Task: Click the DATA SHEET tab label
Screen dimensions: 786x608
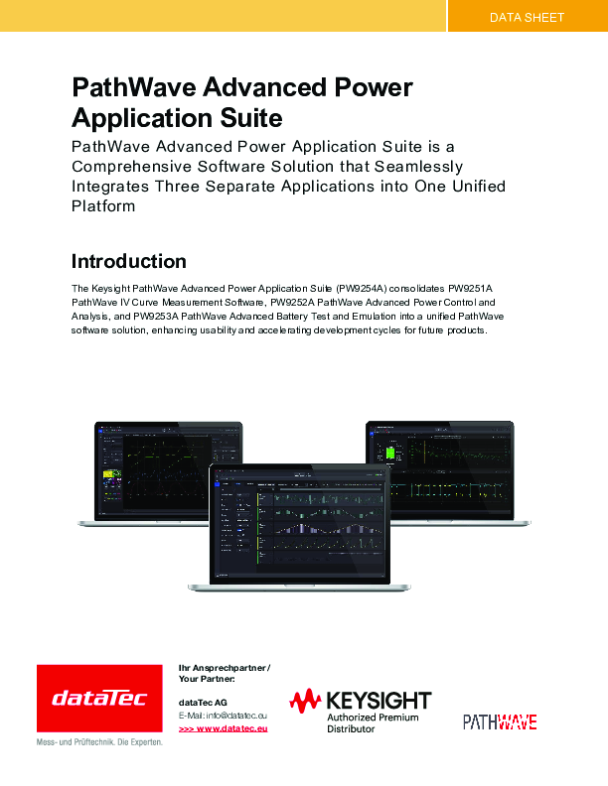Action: (x=527, y=17)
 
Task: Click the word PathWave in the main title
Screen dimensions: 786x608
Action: (x=131, y=87)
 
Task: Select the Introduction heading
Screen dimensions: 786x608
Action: (x=129, y=262)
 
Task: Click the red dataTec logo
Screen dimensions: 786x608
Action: (x=99, y=700)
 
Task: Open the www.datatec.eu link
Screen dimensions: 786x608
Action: (x=224, y=728)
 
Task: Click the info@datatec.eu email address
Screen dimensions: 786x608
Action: (x=237, y=716)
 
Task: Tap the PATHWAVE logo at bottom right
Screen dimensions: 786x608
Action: (x=500, y=721)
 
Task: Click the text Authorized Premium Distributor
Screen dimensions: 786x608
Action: (x=373, y=722)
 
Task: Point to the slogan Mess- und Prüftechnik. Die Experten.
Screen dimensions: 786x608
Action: (x=99, y=742)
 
